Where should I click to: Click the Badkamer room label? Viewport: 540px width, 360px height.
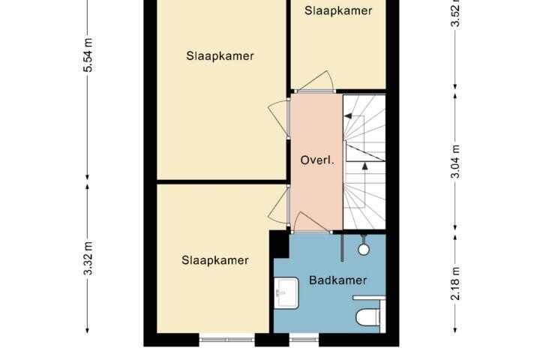pyautogui.click(x=337, y=280)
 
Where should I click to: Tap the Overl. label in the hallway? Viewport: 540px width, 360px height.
pyautogui.click(x=317, y=160)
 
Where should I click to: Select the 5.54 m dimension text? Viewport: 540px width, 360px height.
pyautogui.click(x=88, y=55)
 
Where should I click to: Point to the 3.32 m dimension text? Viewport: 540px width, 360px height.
pyautogui.click(x=88, y=258)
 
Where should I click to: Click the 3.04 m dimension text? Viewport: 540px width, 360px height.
pyautogui.click(x=455, y=161)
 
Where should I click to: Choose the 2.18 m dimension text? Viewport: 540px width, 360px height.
pyautogui.click(x=455, y=283)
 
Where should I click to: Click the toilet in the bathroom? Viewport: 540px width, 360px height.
pyautogui.click(x=367, y=317)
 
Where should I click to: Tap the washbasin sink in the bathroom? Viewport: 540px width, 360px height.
pyautogui.click(x=286, y=292)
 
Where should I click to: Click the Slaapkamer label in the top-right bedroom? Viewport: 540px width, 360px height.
pyautogui.click(x=338, y=10)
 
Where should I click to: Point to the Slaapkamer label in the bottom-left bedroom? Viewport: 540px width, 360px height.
pyautogui.click(x=215, y=260)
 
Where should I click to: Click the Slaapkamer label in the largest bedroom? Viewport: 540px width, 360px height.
pyautogui.click(x=220, y=55)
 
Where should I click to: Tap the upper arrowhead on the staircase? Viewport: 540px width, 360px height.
pyautogui.click(x=348, y=116)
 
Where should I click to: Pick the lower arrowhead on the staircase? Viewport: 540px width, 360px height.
pyautogui.click(x=364, y=166)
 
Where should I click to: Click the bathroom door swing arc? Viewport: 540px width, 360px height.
pyautogui.click(x=312, y=220)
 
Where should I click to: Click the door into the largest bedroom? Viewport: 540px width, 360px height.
pyautogui.click(x=279, y=118)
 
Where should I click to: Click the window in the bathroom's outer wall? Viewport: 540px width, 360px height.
pyautogui.click(x=304, y=340)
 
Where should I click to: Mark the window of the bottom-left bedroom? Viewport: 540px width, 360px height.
pyautogui.click(x=227, y=340)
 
